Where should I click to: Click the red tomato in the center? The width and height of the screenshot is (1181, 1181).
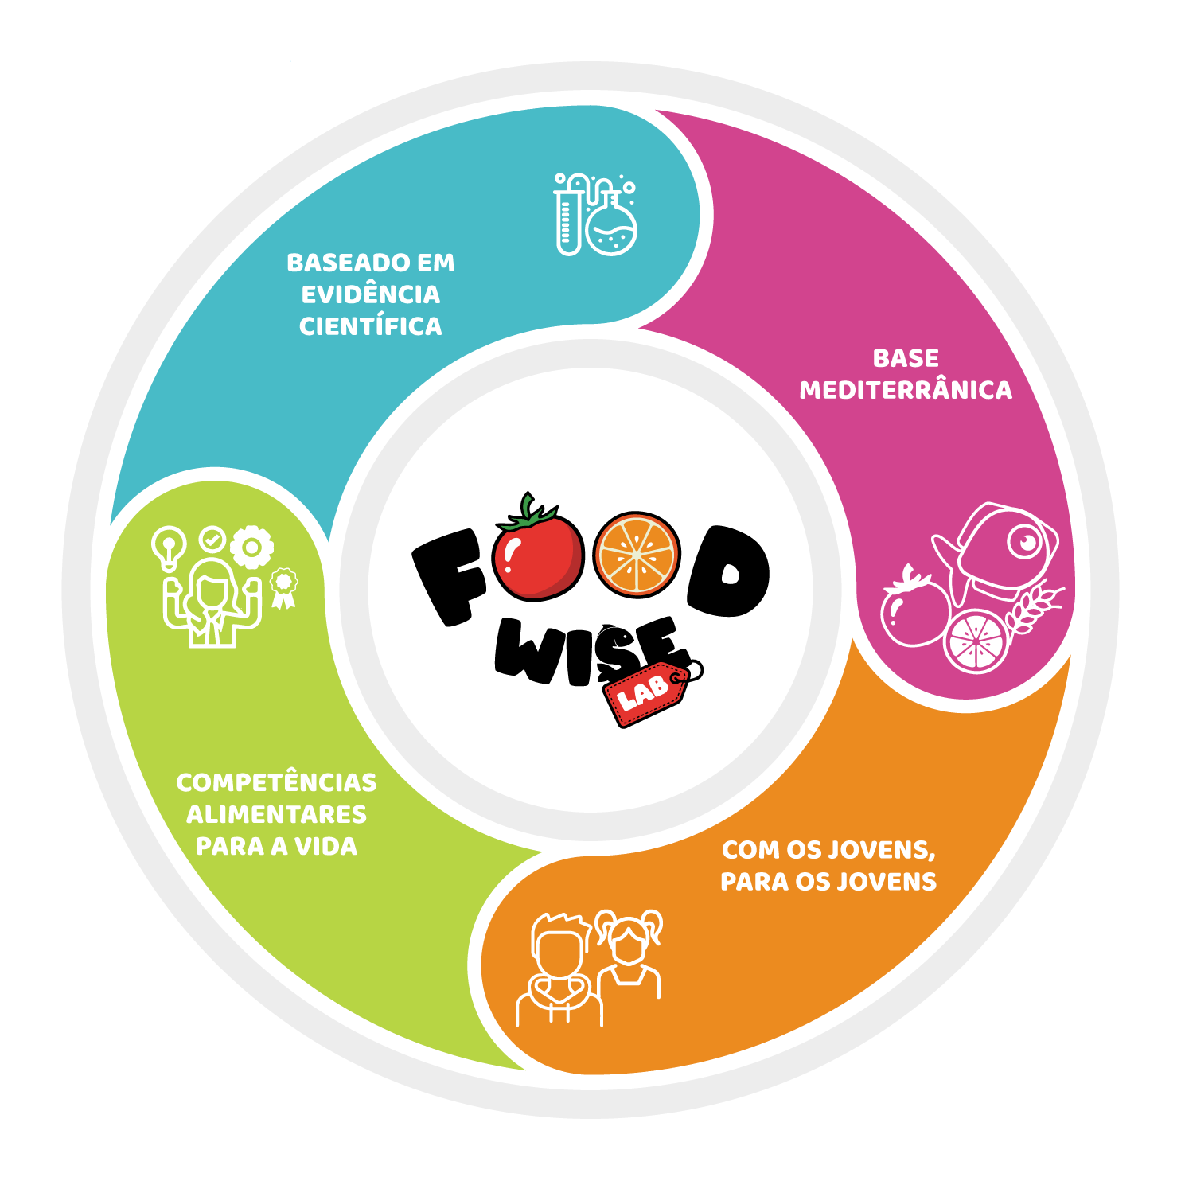538,555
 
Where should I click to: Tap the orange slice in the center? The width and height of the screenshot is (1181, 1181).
637,555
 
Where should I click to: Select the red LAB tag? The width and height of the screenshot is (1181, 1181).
645,693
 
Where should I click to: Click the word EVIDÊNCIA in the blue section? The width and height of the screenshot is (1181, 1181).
371,294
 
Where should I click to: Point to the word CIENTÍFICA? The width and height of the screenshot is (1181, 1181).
371,326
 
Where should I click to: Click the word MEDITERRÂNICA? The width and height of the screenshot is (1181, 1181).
906,390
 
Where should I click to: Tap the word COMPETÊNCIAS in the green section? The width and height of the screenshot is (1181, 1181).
276,782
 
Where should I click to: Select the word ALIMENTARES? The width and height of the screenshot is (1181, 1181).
276,814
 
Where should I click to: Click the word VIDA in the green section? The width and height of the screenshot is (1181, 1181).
326,846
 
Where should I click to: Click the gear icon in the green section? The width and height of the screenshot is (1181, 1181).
251,548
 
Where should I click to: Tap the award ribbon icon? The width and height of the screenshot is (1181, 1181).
284,587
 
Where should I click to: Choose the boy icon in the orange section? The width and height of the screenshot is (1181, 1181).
559,971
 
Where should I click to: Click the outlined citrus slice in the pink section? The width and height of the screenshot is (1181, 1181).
976,641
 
